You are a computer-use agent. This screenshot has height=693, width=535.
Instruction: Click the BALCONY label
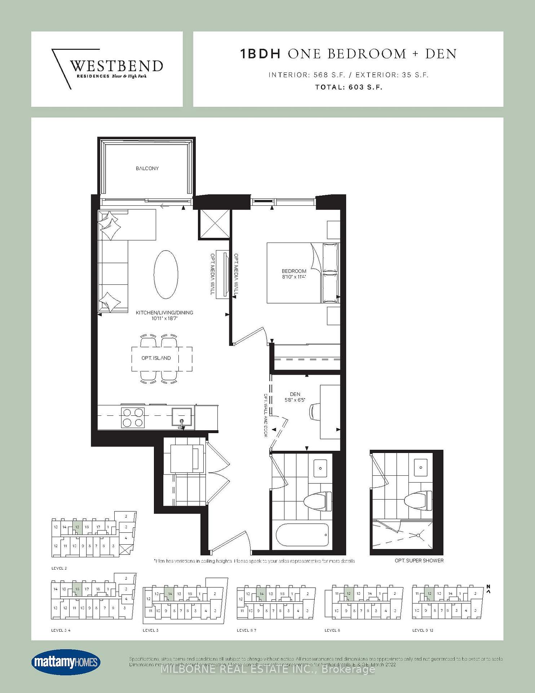pyautogui.click(x=147, y=168)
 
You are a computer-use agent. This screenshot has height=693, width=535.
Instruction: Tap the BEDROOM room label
pyautogui.click(x=294, y=271)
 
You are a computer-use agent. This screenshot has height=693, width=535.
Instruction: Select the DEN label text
pyautogui.click(x=295, y=394)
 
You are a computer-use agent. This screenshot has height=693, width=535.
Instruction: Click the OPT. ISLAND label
pyautogui.click(x=156, y=358)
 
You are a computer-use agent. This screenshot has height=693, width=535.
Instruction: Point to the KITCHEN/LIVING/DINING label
pyautogui.click(x=164, y=313)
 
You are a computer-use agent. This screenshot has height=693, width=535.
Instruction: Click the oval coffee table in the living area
pyautogui.click(x=166, y=274)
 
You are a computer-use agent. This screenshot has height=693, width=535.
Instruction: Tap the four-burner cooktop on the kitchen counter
pyautogui.click(x=133, y=418)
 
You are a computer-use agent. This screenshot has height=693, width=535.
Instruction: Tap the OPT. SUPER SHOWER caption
pyautogui.click(x=419, y=561)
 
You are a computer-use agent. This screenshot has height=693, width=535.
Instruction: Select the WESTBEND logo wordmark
pyautogui.click(x=116, y=66)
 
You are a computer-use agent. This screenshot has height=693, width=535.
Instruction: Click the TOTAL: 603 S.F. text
pyautogui.click(x=348, y=87)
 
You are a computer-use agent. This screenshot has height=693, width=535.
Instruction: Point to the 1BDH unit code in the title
pyautogui.click(x=260, y=54)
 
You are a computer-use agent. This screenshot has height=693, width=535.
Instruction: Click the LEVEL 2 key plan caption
pyautogui.click(x=59, y=568)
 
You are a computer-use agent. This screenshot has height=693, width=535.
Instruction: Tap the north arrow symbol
pyautogui.click(x=488, y=589)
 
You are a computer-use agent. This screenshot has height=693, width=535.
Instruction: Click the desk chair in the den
pyautogui.click(x=314, y=411)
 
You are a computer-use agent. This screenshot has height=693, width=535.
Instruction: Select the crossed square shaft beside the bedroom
pyautogui.click(x=214, y=224)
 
